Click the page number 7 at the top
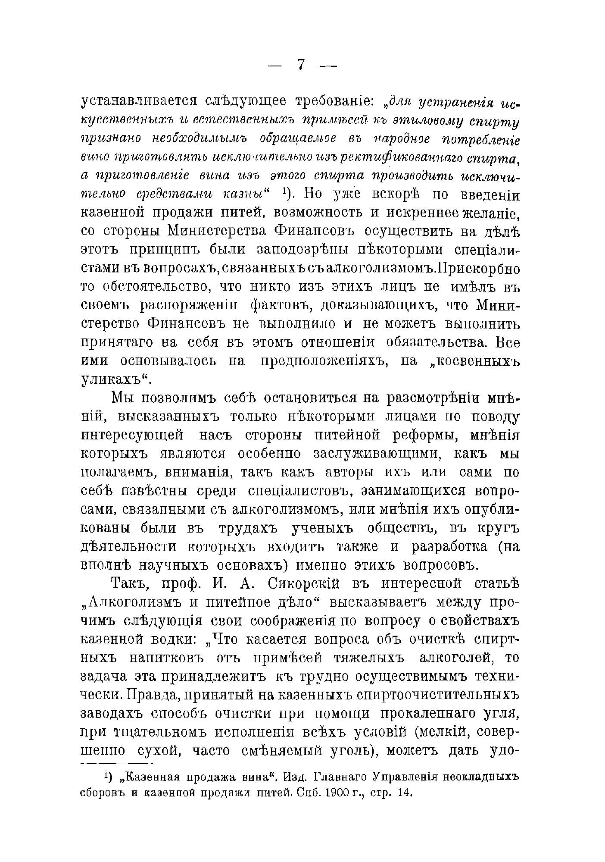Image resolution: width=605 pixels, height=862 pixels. (x=301, y=65)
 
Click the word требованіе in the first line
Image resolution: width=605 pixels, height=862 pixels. (x=327, y=102)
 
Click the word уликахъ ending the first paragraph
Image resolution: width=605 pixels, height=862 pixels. (x=113, y=380)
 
